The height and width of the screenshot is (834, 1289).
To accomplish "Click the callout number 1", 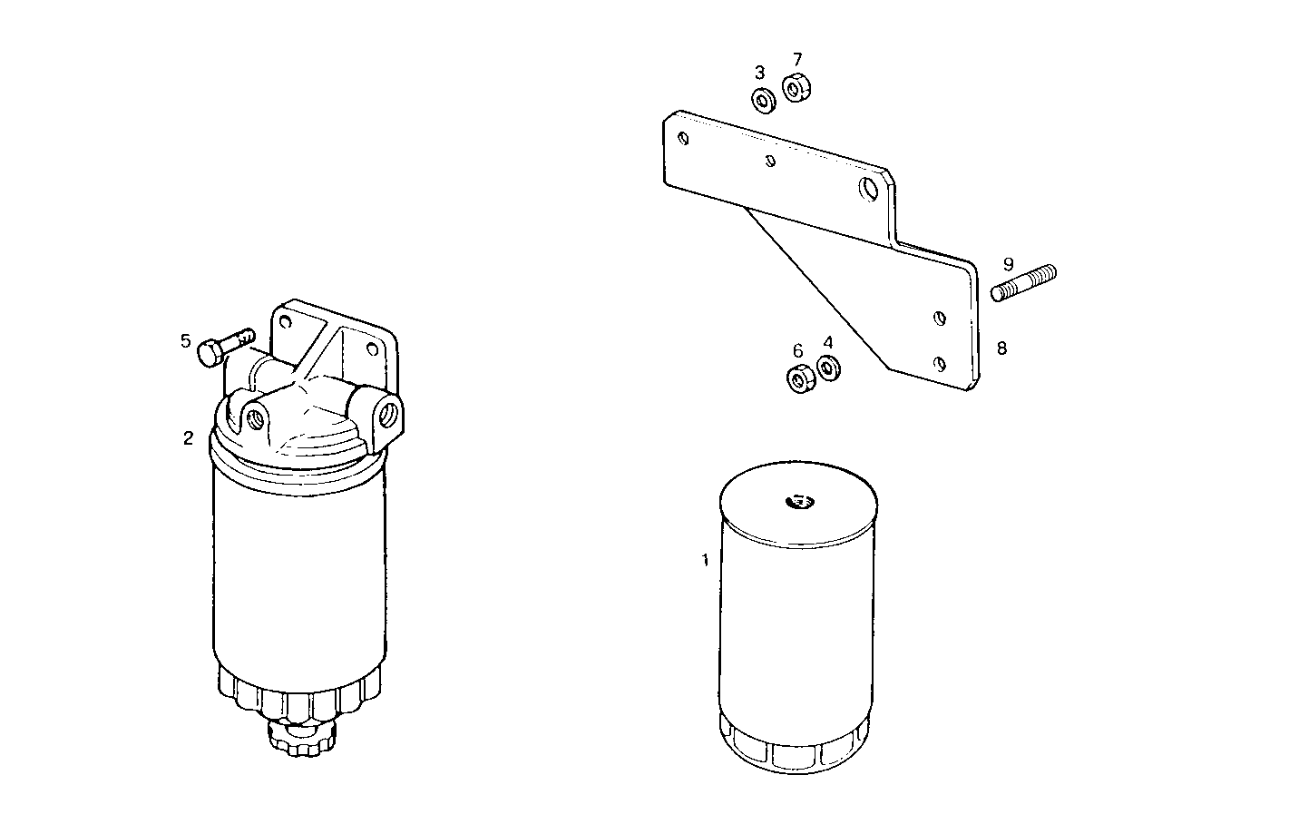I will [x=705, y=561].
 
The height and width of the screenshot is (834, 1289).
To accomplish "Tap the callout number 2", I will [x=188, y=438].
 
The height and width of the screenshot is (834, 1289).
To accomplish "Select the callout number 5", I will [x=185, y=341].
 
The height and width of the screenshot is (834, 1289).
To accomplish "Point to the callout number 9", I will [x=1008, y=264].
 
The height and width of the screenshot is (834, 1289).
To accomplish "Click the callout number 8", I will [x=1001, y=348].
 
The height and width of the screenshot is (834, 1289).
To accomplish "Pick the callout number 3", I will [x=760, y=73].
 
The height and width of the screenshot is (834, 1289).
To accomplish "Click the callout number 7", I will [x=796, y=60].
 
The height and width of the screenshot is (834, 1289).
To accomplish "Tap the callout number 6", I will [x=797, y=351].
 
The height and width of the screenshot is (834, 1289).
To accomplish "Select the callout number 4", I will [x=827, y=342].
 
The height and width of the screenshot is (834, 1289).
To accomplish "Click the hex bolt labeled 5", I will [x=223, y=346].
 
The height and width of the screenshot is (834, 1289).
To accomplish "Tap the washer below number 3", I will [x=763, y=100].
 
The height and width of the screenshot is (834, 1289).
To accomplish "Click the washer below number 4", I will [x=828, y=368].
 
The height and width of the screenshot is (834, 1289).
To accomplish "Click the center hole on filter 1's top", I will [x=800, y=499].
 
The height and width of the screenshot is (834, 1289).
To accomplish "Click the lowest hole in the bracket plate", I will [x=941, y=363].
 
